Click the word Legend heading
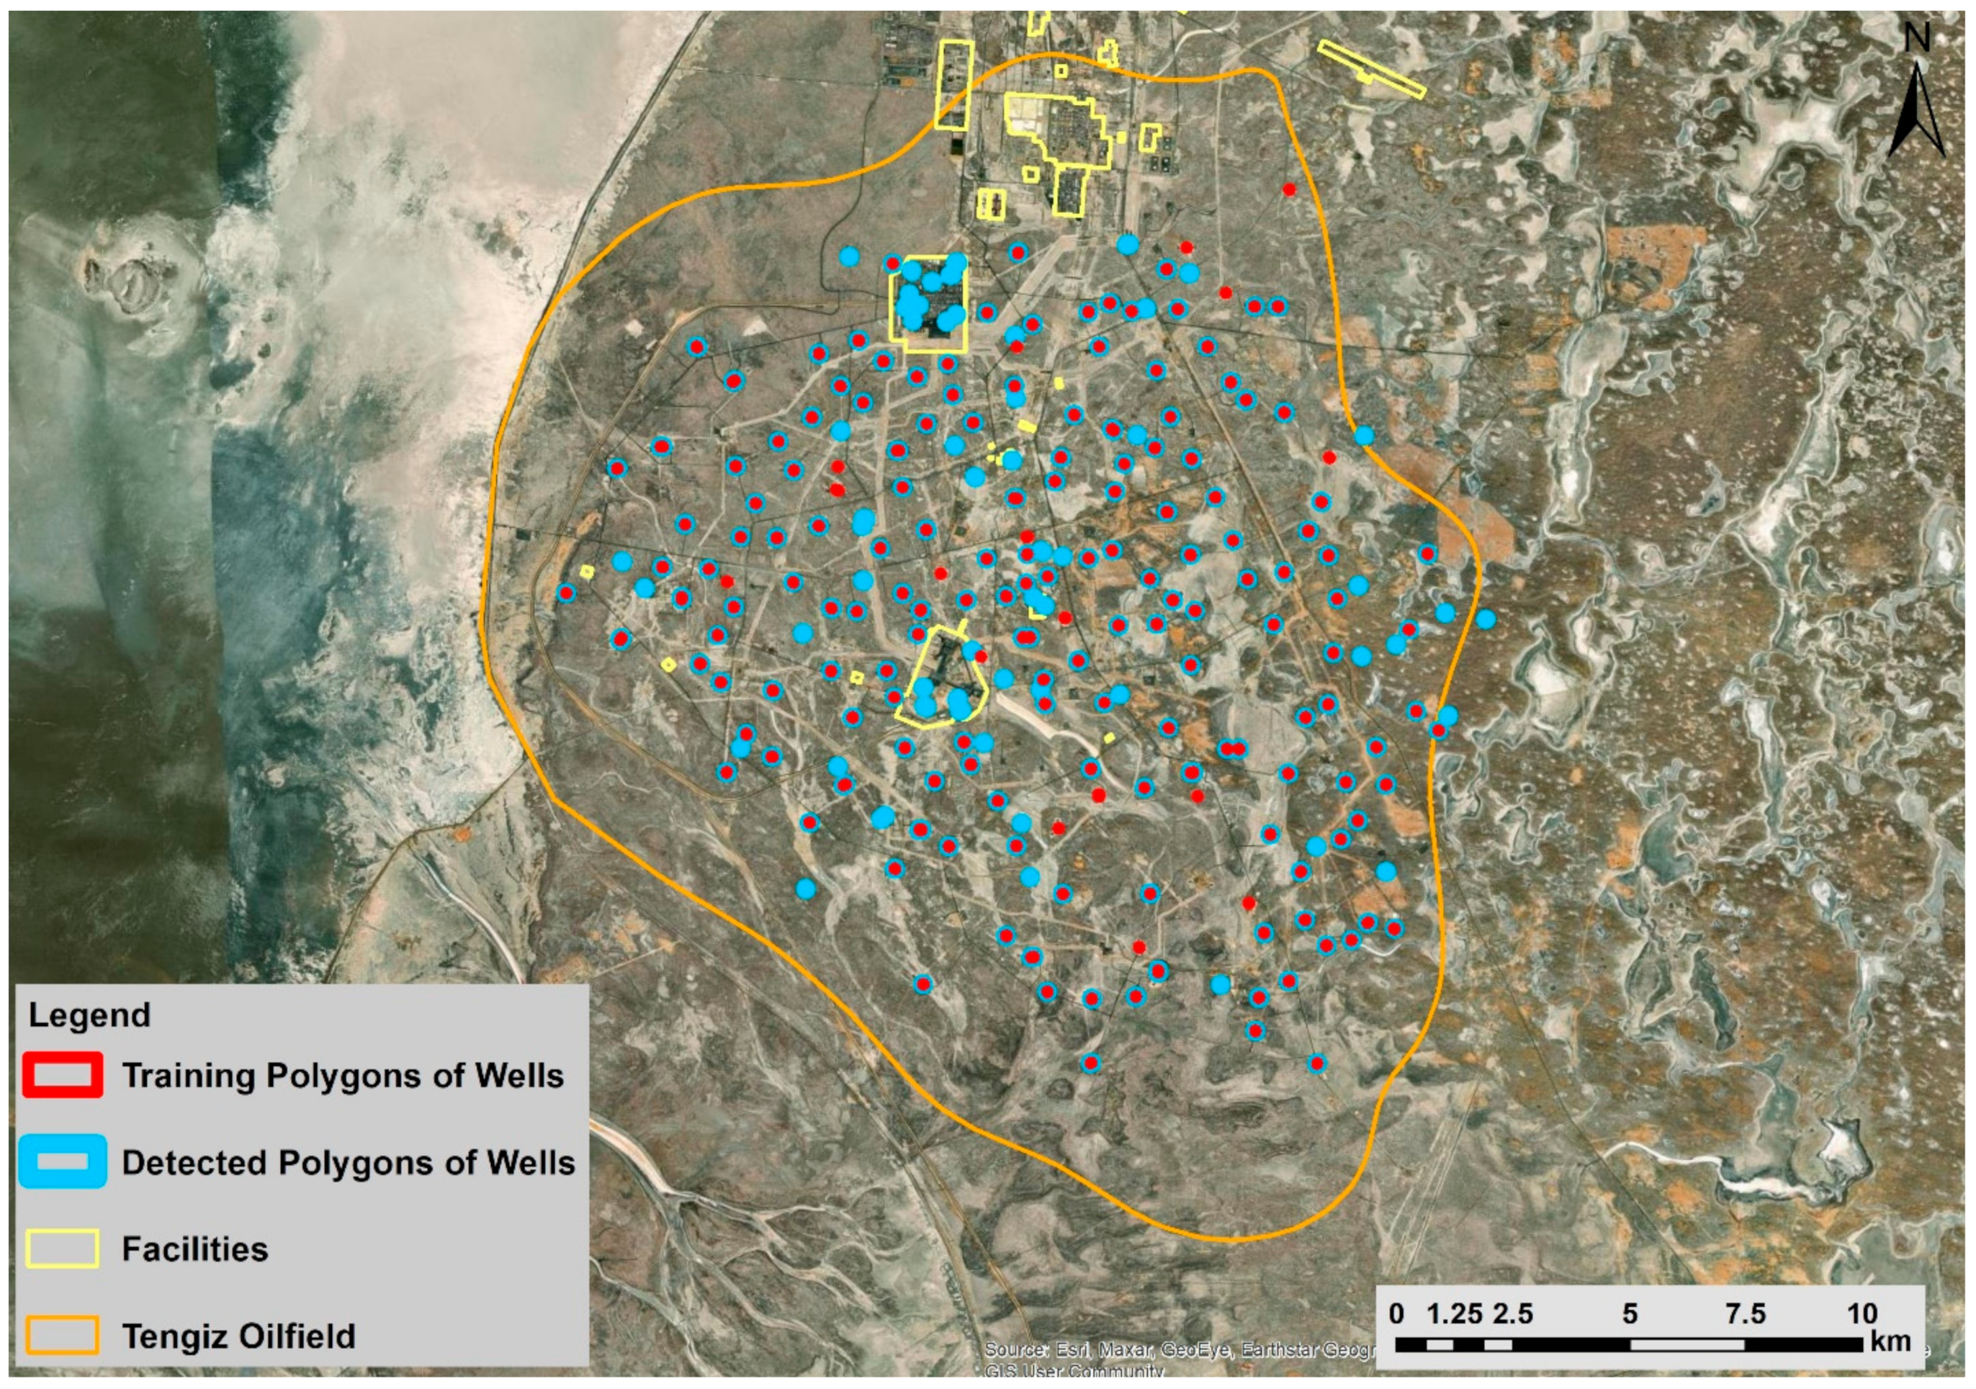click(x=89, y=1015)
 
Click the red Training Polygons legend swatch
click(x=62, y=1076)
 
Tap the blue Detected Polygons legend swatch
click(x=62, y=1163)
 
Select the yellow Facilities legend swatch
click(x=62, y=1249)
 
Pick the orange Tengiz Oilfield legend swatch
click(x=62, y=1336)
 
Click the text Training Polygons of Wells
click(x=343, y=1076)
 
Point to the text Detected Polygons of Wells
click(x=348, y=1163)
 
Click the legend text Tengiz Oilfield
click(x=238, y=1336)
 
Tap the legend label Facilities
click(x=194, y=1249)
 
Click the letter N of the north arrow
click(x=1918, y=38)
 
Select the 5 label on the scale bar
click(x=1629, y=1314)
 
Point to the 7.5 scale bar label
click(x=1745, y=1314)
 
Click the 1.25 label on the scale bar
click(x=1455, y=1314)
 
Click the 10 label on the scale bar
click(x=1861, y=1314)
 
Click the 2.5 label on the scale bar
click(x=1512, y=1314)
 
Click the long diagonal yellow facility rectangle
click(x=1372, y=69)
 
